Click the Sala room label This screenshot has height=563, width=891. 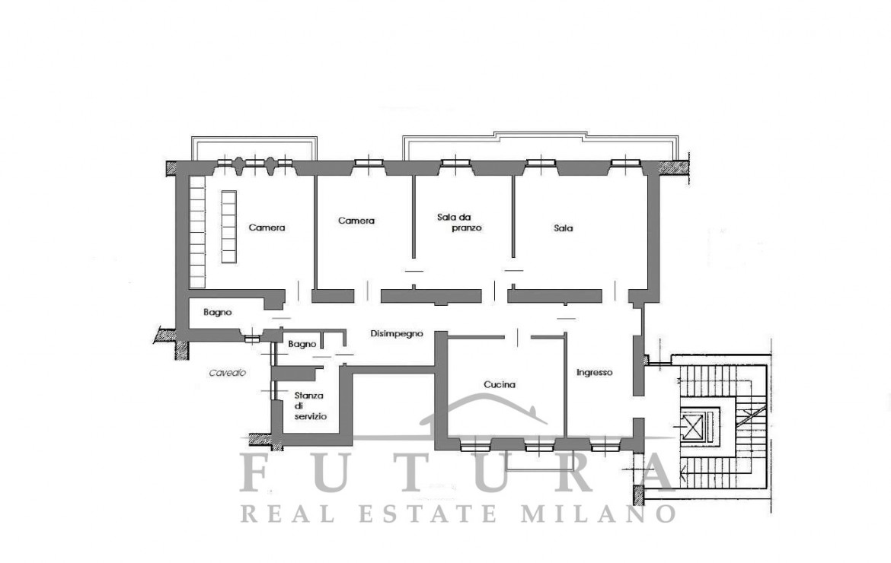click(x=563, y=228)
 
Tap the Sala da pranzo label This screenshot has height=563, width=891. click(x=459, y=222)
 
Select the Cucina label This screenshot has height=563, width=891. click(x=500, y=385)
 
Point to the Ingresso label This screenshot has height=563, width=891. click(x=594, y=373)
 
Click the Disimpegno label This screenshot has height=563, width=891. click(x=397, y=334)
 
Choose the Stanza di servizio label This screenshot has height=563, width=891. click(x=310, y=406)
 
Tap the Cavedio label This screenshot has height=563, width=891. click(x=227, y=373)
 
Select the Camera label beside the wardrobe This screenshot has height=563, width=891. click(x=267, y=228)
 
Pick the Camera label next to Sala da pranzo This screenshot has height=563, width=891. click(x=356, y=221)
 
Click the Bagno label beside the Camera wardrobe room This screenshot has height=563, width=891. click(x=218, y=312)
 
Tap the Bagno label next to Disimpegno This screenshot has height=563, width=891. click(x=302, y=344)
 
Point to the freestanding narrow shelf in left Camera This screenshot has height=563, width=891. click(x=228, y=227)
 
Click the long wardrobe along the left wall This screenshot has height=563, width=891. click(x=197, y=231)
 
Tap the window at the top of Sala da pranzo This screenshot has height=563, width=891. click(x=456, y=164)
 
